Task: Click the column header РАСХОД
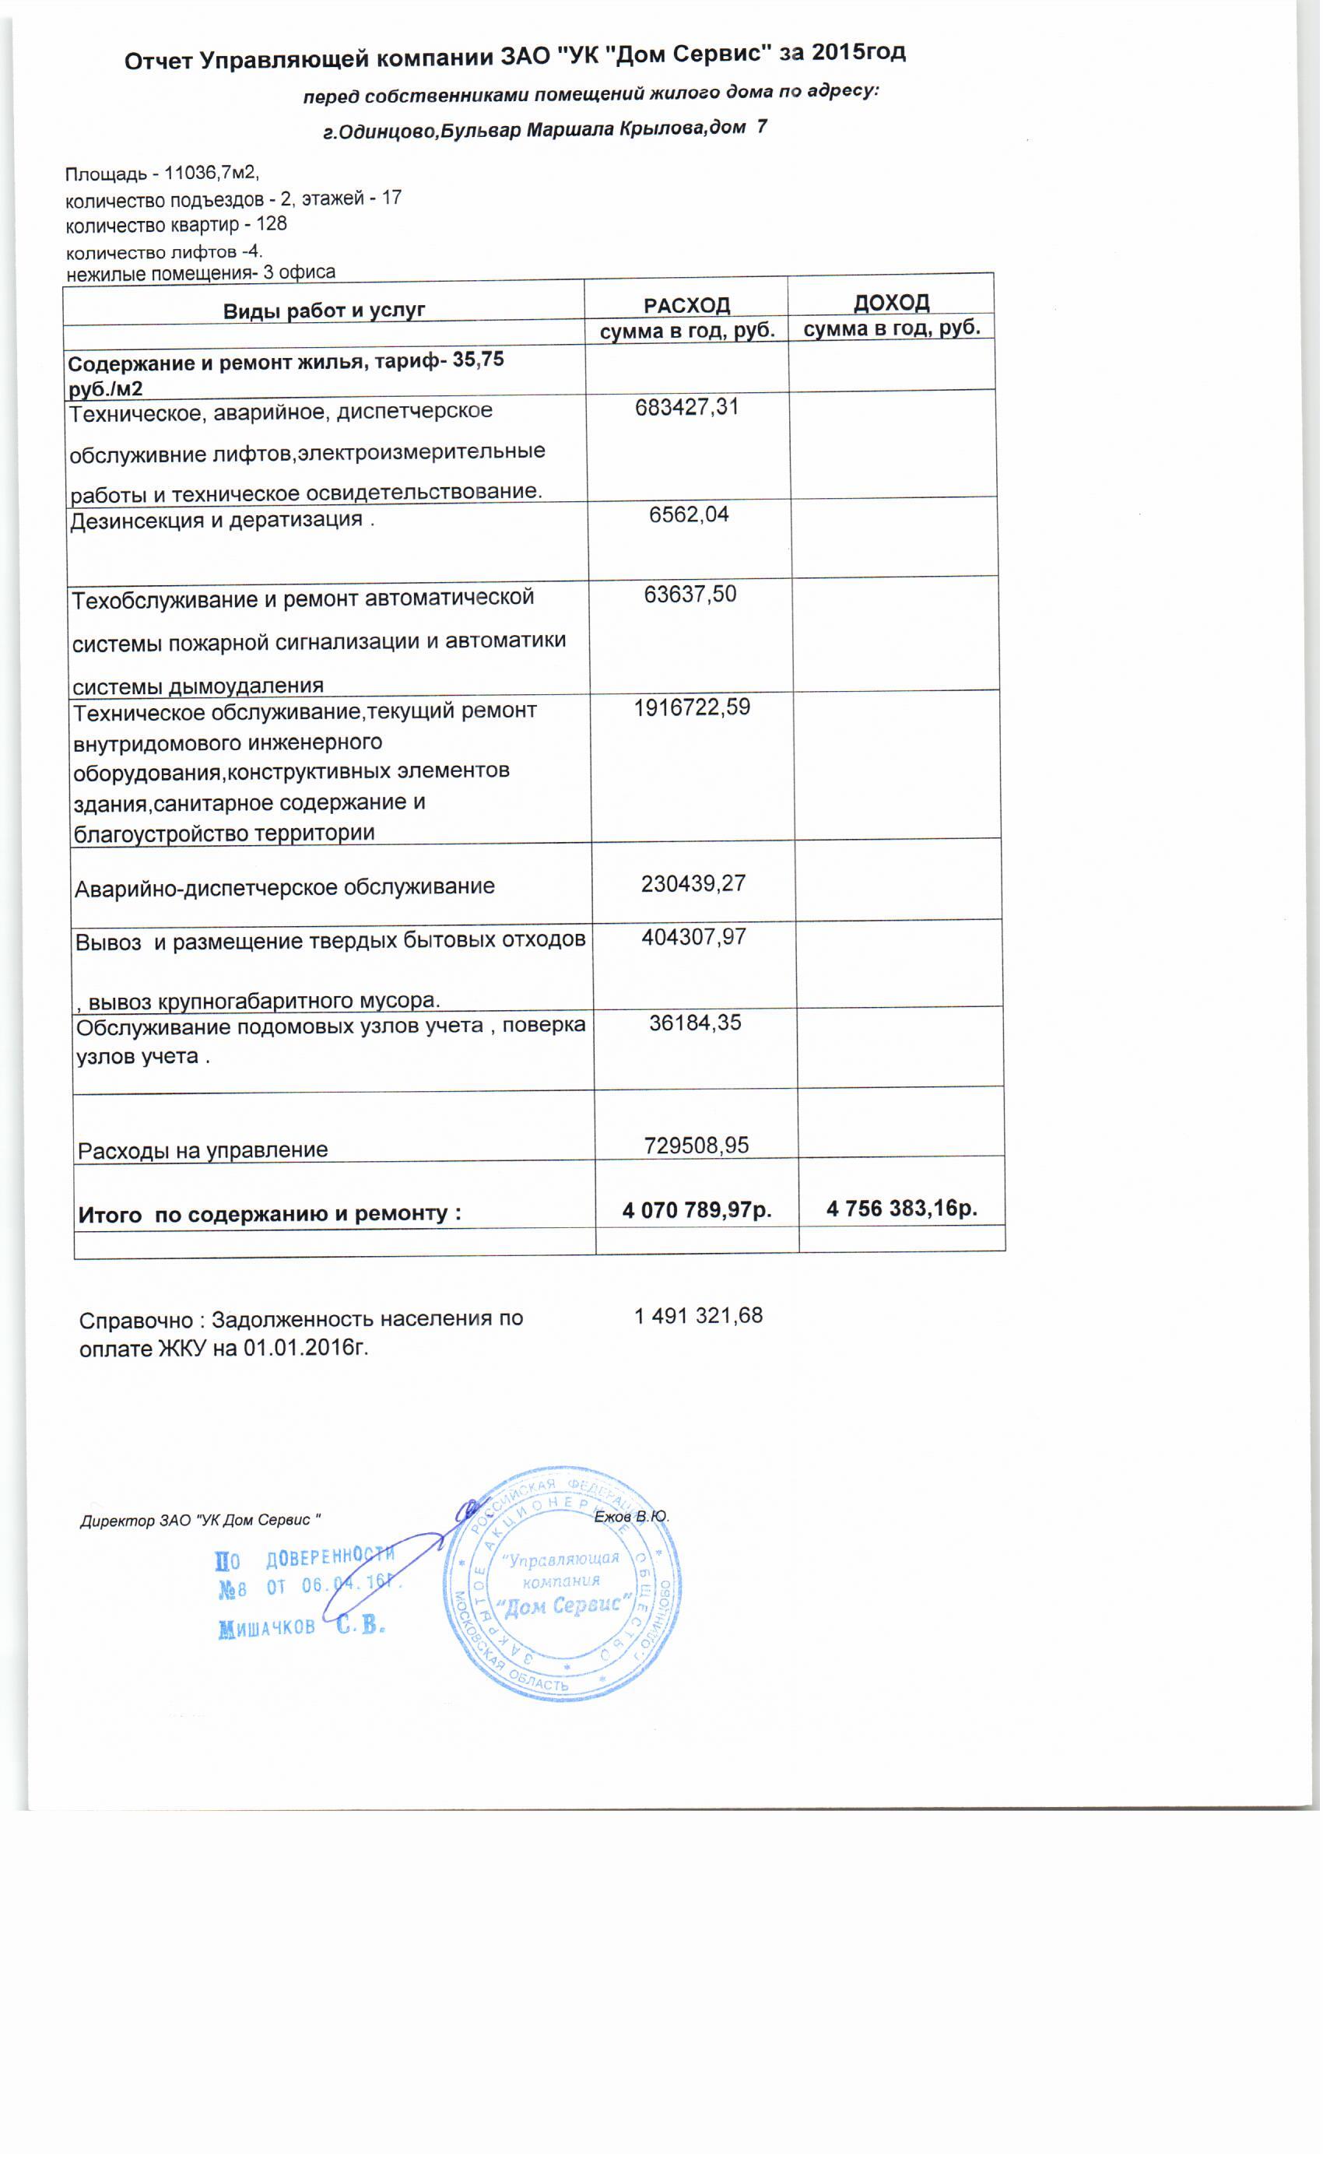click(x=686, y=305)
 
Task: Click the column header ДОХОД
click(x=890, y=303)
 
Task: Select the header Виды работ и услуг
click(x=324, y=311)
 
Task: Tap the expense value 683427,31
click(x=686, y=408)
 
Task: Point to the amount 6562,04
click(x=689, y=514)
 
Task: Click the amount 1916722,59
click(x=692, y=707)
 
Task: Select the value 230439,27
click(x=693, y=883)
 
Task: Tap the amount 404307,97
click(x=693, y=936)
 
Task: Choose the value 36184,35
click(x=695, y=1023)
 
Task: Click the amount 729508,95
click(x=696, y=1146)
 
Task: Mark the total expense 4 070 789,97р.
click(x=697, y=1210)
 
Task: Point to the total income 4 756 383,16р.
click(x=901, y=1208)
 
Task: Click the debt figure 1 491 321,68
click(x=698, y=1316)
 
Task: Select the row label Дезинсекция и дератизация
click(x=216, y=521)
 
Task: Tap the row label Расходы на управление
click(x=202, y=1150)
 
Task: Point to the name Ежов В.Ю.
click(x=631, y=1517)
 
